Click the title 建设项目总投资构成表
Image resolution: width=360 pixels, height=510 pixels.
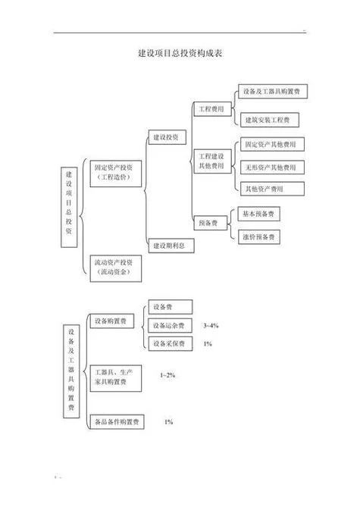tap(180, 53)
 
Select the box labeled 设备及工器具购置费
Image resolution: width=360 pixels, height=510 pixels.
tap(273, 92)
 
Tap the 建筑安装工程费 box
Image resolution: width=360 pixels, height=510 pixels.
tap(268, 120)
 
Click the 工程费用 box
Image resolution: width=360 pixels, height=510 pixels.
tap(212, 109)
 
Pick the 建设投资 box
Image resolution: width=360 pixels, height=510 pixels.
tap(167, 137)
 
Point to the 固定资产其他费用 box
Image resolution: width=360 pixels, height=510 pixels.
tap(272, 144)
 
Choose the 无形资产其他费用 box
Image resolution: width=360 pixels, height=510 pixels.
tap(272, 167)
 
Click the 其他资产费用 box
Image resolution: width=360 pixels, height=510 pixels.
tap(272, 189)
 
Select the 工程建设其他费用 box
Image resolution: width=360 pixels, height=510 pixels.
tap(212, 161)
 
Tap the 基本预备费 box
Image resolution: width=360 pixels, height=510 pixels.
tap(258, 214)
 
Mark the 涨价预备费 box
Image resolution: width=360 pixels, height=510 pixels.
tap(259, 236)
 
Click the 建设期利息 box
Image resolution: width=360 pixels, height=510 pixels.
tap(171, 246)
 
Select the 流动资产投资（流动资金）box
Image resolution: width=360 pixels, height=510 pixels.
tap(116, 268)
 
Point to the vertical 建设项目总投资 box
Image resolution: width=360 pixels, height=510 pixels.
tap(69, 207)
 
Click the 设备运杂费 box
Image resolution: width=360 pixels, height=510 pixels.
tap(170, 325)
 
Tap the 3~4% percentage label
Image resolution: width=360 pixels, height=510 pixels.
tap(211, 325)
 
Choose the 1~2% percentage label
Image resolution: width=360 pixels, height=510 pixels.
tap(167, 375)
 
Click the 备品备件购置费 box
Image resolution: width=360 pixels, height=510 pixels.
tap(117, 422)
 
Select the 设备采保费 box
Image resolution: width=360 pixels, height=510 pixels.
tap(170, 343)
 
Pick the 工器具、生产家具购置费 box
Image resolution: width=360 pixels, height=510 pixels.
tap(116, 378)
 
